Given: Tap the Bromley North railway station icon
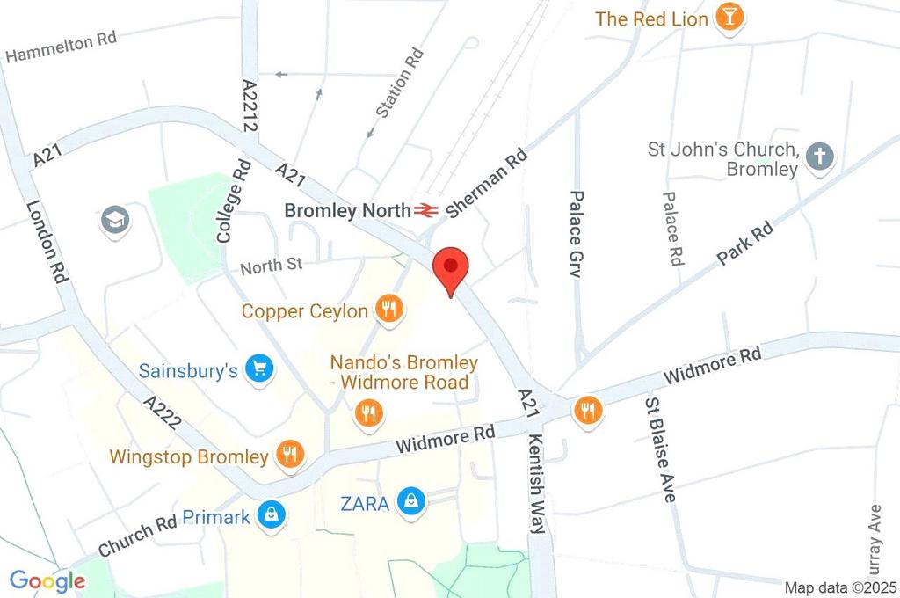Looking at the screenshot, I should click(428, 210).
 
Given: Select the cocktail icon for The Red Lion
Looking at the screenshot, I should click(729, 17).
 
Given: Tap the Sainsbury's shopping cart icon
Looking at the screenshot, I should click(258, 369).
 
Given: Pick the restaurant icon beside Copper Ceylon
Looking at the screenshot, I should click(388, 309).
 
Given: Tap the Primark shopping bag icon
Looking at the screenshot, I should click(271, 516).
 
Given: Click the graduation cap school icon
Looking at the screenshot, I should click(115, 221).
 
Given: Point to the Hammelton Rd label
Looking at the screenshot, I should click(61, 47).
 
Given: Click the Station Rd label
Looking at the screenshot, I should click(400, 83).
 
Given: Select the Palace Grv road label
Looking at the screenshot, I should click(577, 234).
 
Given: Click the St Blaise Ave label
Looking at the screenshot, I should click(659, 449).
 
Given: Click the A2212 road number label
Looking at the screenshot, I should click(249, 106).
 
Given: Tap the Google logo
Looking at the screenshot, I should click(47, 580).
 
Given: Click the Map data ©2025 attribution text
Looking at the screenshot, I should click(839, 587).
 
